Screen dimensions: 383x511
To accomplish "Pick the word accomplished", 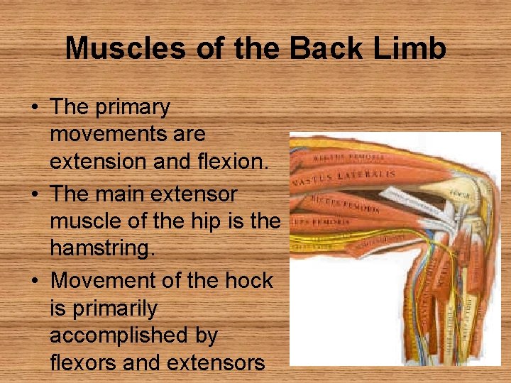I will point(133,335).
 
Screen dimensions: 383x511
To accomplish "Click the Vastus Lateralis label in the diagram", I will point(348,176).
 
